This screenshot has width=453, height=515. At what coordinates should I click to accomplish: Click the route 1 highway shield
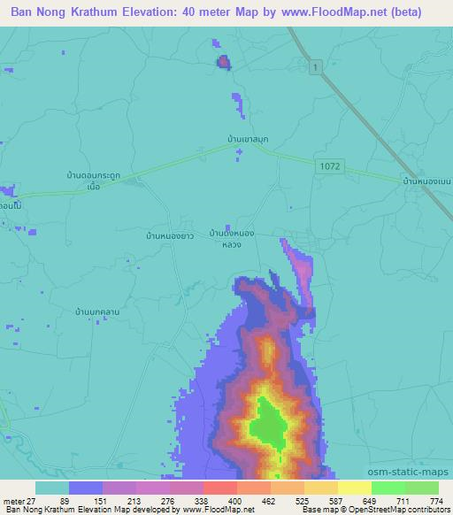(x=314, y=67)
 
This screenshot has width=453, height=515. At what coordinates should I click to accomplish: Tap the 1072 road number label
(x=330, y=165)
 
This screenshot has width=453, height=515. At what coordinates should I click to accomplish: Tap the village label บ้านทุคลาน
(x=97, y=311)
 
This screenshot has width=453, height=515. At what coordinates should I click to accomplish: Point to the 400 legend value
(x=234, y=500)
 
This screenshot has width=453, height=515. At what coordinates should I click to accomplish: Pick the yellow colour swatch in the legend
(x=354, y=488)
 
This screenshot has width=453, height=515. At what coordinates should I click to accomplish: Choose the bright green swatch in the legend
(x=388, y=488)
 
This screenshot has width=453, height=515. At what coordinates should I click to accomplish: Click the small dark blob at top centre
(x=224, y=61)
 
